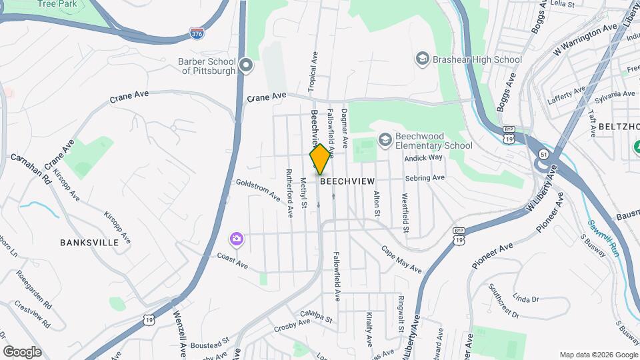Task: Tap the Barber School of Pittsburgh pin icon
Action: (246, 65)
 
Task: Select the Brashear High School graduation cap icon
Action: (422, 59)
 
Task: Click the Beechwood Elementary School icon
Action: (384, 140)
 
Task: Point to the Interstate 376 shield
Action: (197, 32)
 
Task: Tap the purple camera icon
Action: (236, 239)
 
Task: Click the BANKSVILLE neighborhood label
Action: (89, 243)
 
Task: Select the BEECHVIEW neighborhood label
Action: (347, 181)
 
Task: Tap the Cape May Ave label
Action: (401, 259)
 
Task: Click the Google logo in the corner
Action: (23, 351)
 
